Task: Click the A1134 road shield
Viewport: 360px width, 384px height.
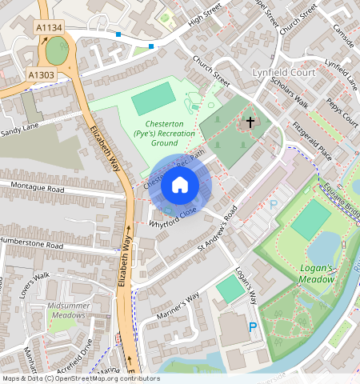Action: [49, 28]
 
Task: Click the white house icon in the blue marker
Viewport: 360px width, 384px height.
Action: [180, 186]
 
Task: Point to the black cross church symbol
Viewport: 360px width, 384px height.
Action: [250, 122]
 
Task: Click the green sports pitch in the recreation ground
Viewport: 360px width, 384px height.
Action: [153, 99]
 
